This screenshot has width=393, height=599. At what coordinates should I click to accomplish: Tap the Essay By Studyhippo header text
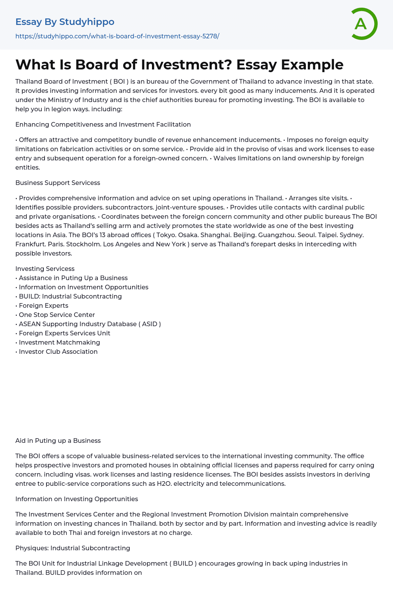point(65,22)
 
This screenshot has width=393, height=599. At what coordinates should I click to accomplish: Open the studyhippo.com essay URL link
point(117,36)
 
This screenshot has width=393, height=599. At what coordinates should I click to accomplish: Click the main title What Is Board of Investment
point(179,64)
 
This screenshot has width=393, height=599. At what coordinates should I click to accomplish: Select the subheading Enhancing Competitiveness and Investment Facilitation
point(103,124)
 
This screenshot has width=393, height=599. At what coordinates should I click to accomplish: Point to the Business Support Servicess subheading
point(58,183)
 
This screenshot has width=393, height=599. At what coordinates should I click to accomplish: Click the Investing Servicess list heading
point(45,269)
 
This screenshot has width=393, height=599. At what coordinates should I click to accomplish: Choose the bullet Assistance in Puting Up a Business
point(73,278)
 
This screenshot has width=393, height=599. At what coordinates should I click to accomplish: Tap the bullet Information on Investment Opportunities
point(83,287)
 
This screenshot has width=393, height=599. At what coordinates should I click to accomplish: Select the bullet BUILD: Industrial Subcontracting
point(70,296)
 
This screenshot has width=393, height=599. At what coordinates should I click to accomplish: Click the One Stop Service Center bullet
point(57,315)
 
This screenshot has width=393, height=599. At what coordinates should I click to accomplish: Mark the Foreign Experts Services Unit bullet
point(64,333)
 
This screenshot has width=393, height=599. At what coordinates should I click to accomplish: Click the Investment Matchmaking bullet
point(59,342)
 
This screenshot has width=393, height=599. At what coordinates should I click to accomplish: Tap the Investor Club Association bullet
point(58,351)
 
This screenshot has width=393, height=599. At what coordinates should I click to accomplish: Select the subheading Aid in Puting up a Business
point(58,441)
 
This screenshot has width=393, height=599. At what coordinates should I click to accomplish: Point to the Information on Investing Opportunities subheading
point(77,499)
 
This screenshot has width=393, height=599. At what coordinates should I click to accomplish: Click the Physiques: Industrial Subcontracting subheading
point(73,548)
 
